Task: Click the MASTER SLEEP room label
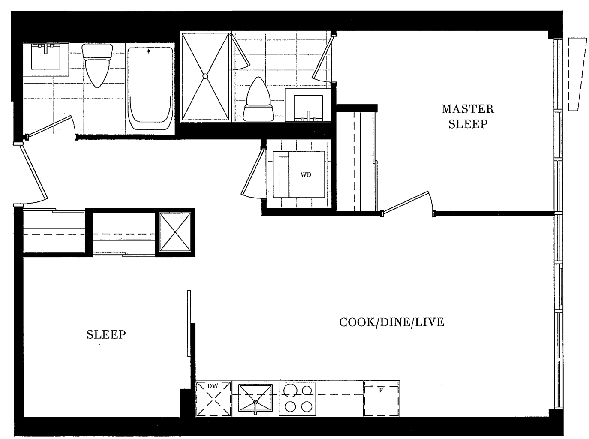coord(468,117)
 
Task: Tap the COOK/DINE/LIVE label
coord(391,322)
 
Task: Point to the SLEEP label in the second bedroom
coord(106,334)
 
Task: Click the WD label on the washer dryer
coord(306,174)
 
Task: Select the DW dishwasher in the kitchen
coord(213,398)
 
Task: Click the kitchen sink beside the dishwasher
coord(255,398)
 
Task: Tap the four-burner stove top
coord(298,399)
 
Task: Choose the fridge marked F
coord(382,398)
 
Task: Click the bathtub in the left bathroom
coord(150,89)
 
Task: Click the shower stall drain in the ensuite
coord(205,76)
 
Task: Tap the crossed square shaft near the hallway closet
coord(175,232)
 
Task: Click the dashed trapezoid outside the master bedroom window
coord(577,74)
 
